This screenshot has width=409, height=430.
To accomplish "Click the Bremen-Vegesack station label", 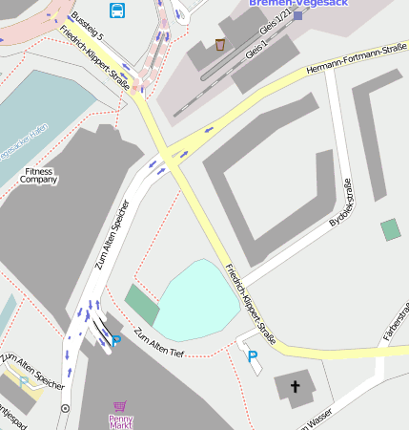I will coord(298,4).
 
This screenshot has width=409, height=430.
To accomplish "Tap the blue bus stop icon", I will coord(117,11).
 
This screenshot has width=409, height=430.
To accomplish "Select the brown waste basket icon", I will coord(220,44).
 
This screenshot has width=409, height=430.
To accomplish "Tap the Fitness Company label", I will coord(39,175).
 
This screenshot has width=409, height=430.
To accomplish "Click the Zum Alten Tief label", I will coord(157,342).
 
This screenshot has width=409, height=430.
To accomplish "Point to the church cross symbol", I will coord(296,387).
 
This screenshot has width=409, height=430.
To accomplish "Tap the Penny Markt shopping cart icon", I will coord(119,407).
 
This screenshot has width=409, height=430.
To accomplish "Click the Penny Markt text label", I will coord(120,421).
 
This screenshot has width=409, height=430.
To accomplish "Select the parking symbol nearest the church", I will coord(253,356).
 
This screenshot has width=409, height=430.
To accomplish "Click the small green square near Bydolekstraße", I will coord(390,229).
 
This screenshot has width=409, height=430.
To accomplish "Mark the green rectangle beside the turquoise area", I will coord(142,304).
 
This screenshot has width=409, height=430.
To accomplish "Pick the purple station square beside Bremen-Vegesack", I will coord(297,15).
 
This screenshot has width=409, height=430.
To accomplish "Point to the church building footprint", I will coord(296,387).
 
